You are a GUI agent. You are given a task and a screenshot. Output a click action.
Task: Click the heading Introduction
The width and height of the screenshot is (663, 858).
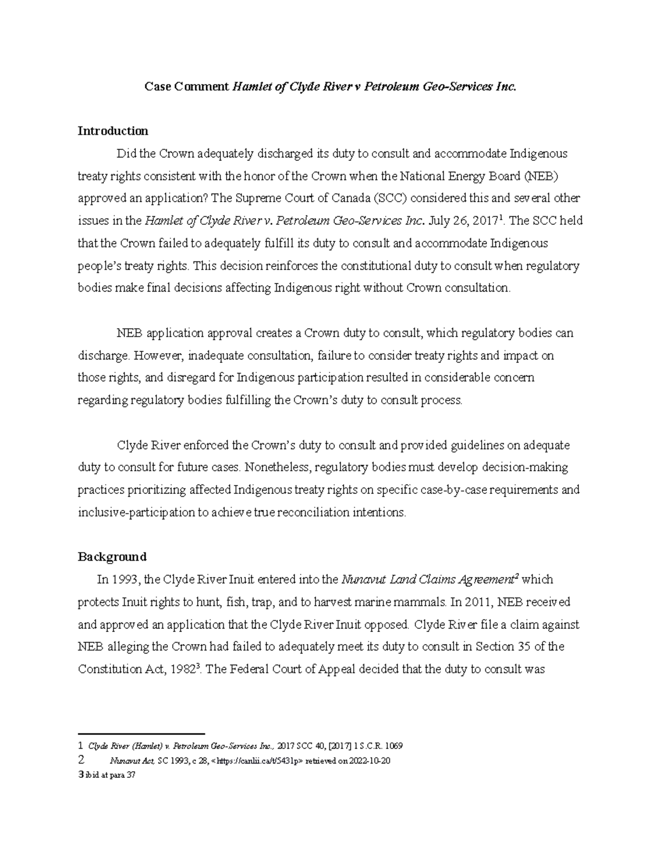tap(113, 131)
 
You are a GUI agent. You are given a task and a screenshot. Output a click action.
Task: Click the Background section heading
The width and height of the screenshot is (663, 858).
tap(112, 556)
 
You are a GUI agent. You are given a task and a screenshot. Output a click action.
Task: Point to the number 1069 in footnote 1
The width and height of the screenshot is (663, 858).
tap(393, 746)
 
